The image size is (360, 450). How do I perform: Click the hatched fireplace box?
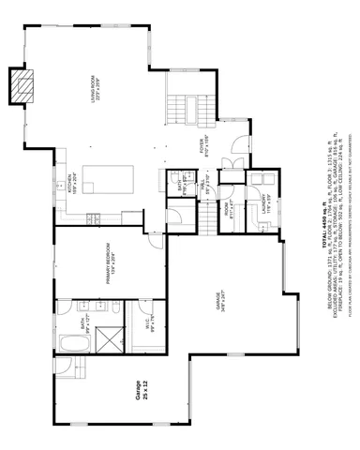point(22,87)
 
